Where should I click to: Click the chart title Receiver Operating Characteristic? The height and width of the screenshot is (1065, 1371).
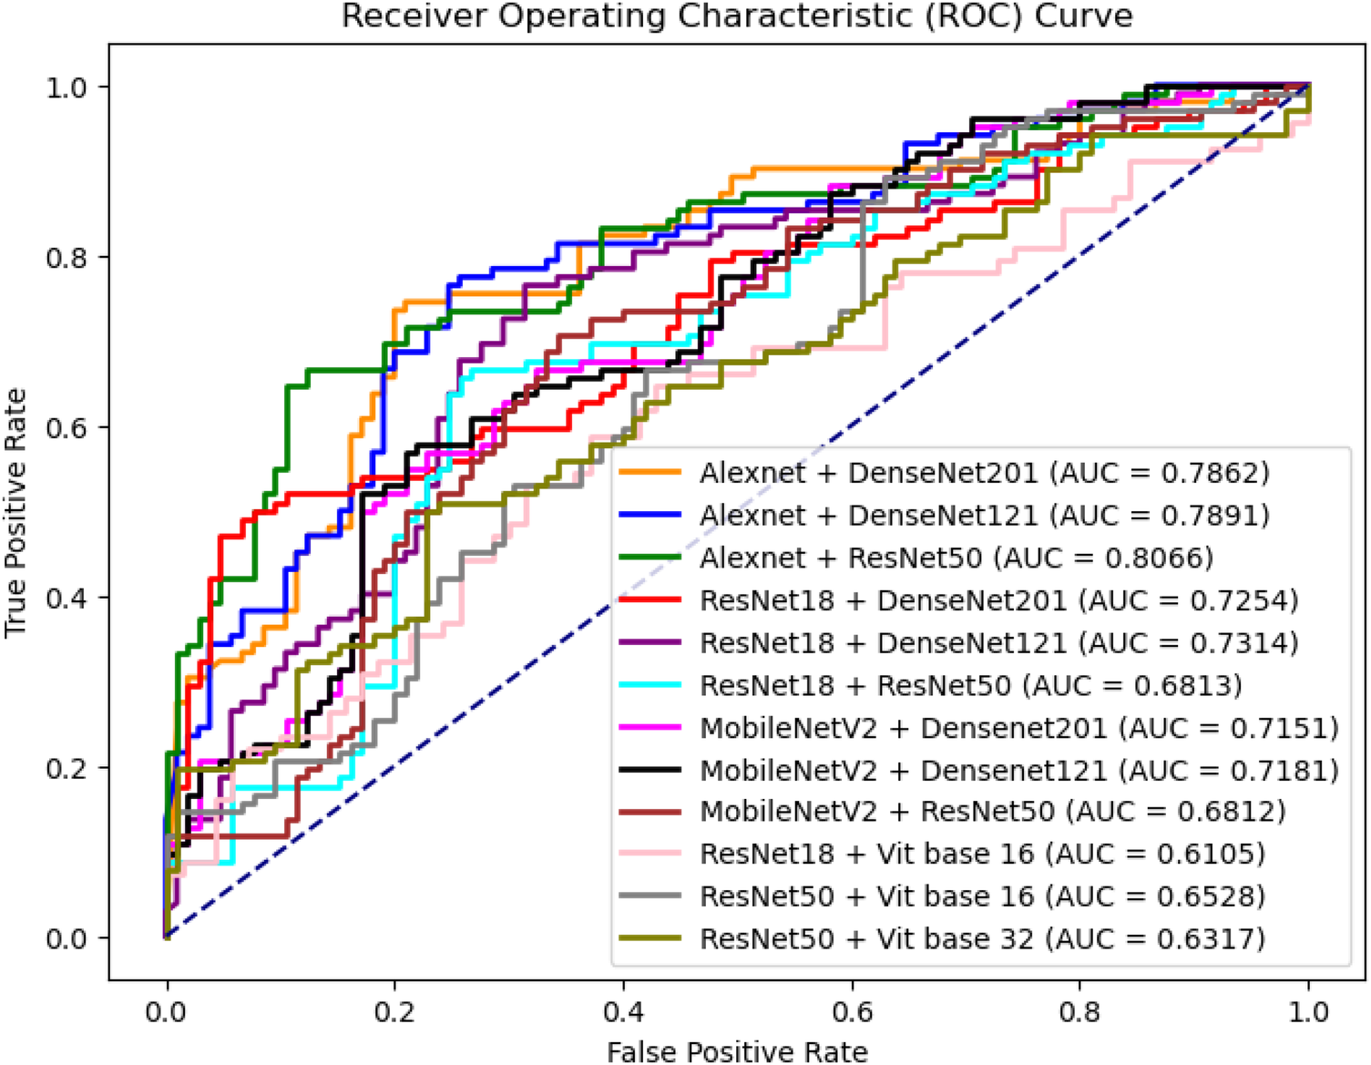[736, 16]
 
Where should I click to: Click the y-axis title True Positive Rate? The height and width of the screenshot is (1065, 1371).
[16, 512]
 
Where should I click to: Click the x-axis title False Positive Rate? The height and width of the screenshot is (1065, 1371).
[736, 1051]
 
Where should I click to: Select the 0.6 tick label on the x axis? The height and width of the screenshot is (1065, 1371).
[852, 1011]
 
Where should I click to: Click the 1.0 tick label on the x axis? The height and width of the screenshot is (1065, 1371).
[1309, 1011]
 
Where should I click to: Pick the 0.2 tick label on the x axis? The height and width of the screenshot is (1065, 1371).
[394, 1011]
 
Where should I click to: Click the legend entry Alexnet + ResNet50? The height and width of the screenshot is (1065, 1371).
[957, 558]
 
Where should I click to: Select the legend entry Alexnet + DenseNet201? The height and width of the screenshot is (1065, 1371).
[984, 473]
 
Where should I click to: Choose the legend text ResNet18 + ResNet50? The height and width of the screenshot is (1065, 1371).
[854, 685]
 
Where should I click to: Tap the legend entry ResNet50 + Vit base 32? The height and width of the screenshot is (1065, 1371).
[982, 938]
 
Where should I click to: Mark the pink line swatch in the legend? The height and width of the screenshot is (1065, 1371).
[650, 854]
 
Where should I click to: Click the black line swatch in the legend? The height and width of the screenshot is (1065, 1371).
[650, 770]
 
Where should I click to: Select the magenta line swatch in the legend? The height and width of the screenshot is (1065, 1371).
[650, 727]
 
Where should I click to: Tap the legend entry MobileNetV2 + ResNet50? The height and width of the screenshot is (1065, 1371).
[992, 811]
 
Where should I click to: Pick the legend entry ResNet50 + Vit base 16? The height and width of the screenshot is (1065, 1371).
[982, 896]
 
